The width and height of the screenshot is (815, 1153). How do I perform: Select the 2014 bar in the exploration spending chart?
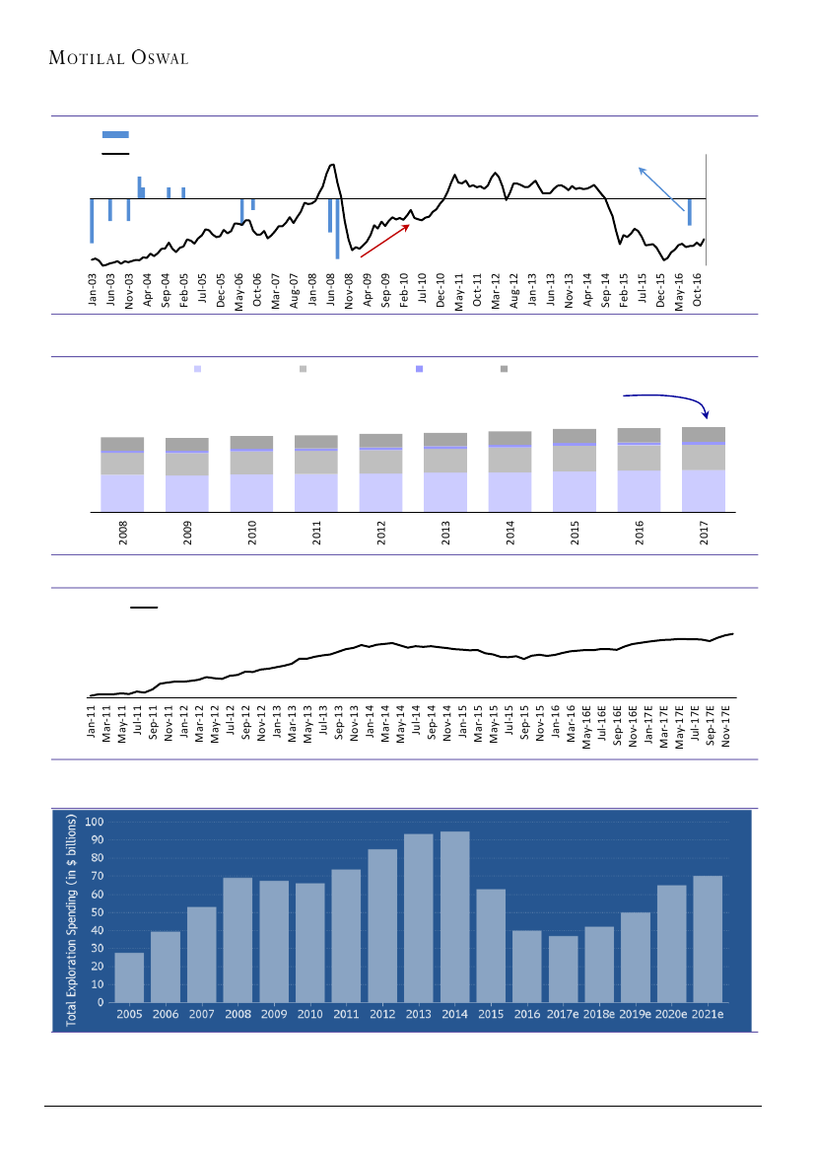[454, 916]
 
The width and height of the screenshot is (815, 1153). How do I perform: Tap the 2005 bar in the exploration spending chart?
[129, 976]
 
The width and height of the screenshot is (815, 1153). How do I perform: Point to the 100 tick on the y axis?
[95, 821]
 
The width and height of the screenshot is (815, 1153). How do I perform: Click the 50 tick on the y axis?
[98, 911]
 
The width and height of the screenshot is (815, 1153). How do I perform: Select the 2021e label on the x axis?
[707, 1014]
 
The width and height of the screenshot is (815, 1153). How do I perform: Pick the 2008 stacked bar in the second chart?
[122, 473]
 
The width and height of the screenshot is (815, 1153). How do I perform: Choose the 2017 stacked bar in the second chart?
[703, 468]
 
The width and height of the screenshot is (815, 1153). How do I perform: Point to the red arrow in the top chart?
[385, 242]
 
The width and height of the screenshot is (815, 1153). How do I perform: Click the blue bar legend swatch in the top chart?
[115, 134]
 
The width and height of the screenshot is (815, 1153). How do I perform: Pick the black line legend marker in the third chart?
[144, 608]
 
